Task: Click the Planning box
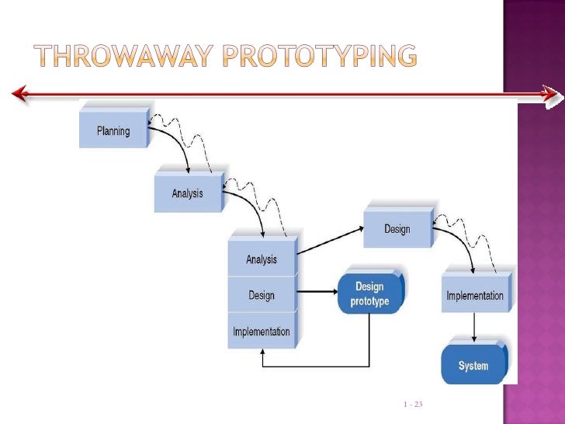[113, 131]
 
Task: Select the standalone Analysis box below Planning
[187, 193]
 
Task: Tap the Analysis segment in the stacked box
[262, 259]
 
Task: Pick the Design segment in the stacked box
[262, 295]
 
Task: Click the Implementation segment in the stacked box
[262, 332]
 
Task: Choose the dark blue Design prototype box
[369, 294]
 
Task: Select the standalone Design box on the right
[397, 229]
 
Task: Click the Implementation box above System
[474, 296]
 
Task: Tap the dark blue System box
[473, 365]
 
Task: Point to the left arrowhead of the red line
[19, 95]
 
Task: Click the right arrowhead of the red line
[550, 95]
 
